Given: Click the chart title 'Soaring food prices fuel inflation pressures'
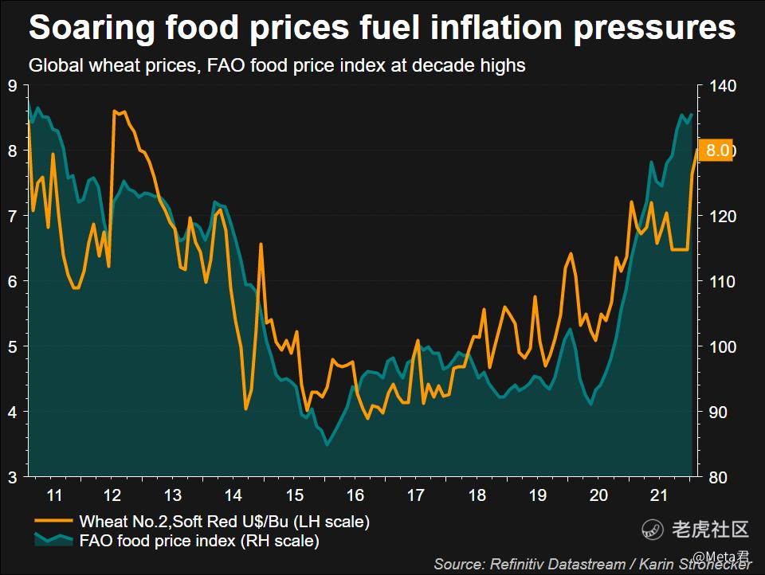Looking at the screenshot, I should [382, 29].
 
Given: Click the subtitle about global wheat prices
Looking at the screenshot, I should [277, 65].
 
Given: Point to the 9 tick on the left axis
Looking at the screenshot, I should [12, 86].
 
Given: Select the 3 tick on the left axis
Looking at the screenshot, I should [12, 477].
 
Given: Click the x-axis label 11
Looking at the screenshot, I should [53, 495].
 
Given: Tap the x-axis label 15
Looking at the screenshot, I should [295, 495].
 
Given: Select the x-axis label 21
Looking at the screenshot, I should [657, 495].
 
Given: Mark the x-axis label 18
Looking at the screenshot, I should [477, 495].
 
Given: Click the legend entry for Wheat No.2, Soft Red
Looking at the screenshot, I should [224, 522].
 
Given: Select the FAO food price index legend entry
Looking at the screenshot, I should [198, 542].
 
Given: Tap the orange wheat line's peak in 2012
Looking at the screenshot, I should [116, 111].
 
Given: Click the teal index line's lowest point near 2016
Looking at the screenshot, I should [327, 444].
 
